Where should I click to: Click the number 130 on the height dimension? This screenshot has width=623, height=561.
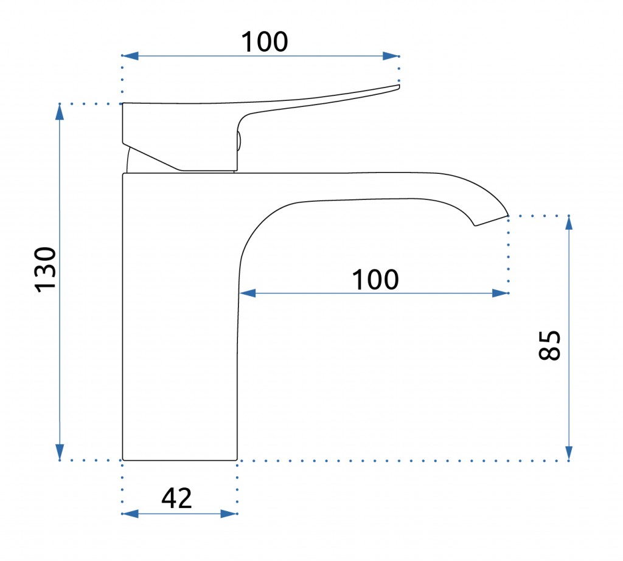point(46,270)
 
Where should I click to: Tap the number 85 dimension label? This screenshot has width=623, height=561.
point(549,345)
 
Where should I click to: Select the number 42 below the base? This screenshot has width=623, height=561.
point(177,498)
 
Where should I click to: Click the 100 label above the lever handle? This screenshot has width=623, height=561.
point(265,42)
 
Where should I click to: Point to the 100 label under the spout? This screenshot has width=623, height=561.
point(375,280)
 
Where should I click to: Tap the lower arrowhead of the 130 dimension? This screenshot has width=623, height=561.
point(60,452)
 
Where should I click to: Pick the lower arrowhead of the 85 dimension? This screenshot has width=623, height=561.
point(569,453)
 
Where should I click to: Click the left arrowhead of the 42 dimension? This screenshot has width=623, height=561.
point(130,514)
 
